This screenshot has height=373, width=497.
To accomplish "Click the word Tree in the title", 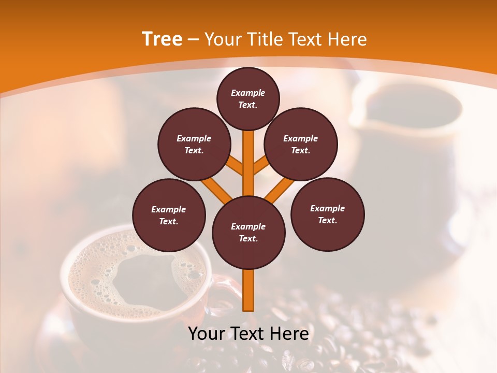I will pos(162,39).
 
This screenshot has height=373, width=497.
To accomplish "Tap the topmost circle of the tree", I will pos(248,98).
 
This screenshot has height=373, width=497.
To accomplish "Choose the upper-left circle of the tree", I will pos(194,144).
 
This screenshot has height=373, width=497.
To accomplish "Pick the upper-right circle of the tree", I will pos(300,144).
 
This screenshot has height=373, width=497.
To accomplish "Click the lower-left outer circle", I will pos(169,215).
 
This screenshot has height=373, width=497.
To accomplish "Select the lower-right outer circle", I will pos(327,214).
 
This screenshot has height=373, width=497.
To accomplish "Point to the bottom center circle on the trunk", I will pos(248,232).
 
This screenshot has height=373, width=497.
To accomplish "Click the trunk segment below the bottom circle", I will pos(248,290).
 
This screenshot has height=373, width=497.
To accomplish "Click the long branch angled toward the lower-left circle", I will pos(216,189).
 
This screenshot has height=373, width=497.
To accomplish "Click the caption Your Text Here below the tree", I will pos(248,334).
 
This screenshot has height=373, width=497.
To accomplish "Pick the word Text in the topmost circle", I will pos(248,105).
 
